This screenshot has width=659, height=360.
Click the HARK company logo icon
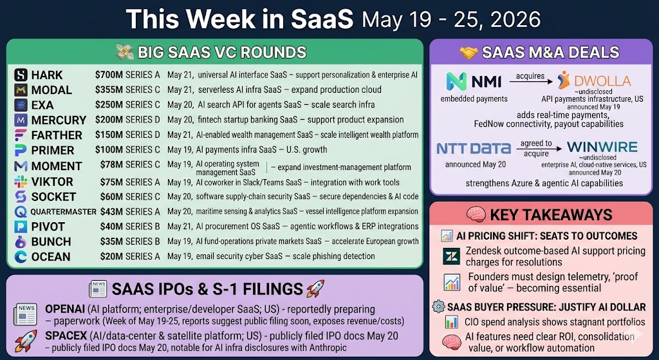tap(21, 75)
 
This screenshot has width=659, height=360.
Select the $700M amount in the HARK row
tap(109, 75)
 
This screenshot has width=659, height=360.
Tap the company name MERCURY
tap(59, 120)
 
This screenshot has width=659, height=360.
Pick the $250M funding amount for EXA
tap(109, 105)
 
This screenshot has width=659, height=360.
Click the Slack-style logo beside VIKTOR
tap(21, 182)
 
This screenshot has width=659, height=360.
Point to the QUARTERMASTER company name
tap(64, 212)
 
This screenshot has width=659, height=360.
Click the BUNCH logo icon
tap(21, 242)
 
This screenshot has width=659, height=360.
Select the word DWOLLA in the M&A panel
tap(602, 81)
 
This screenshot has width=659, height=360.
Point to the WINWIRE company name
tap(602, 147)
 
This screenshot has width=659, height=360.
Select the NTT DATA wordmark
tap(474, 148)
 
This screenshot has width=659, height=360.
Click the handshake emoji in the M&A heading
tap(469, 53)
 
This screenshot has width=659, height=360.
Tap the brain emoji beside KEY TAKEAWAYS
tap(476, 215)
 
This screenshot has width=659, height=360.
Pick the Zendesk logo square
tap(451, 256)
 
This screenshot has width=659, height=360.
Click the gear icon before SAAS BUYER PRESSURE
tap(438, 306)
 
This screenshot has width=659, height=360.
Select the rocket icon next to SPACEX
tap(25, 341)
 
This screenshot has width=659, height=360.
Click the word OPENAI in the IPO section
tap(65, 310)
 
